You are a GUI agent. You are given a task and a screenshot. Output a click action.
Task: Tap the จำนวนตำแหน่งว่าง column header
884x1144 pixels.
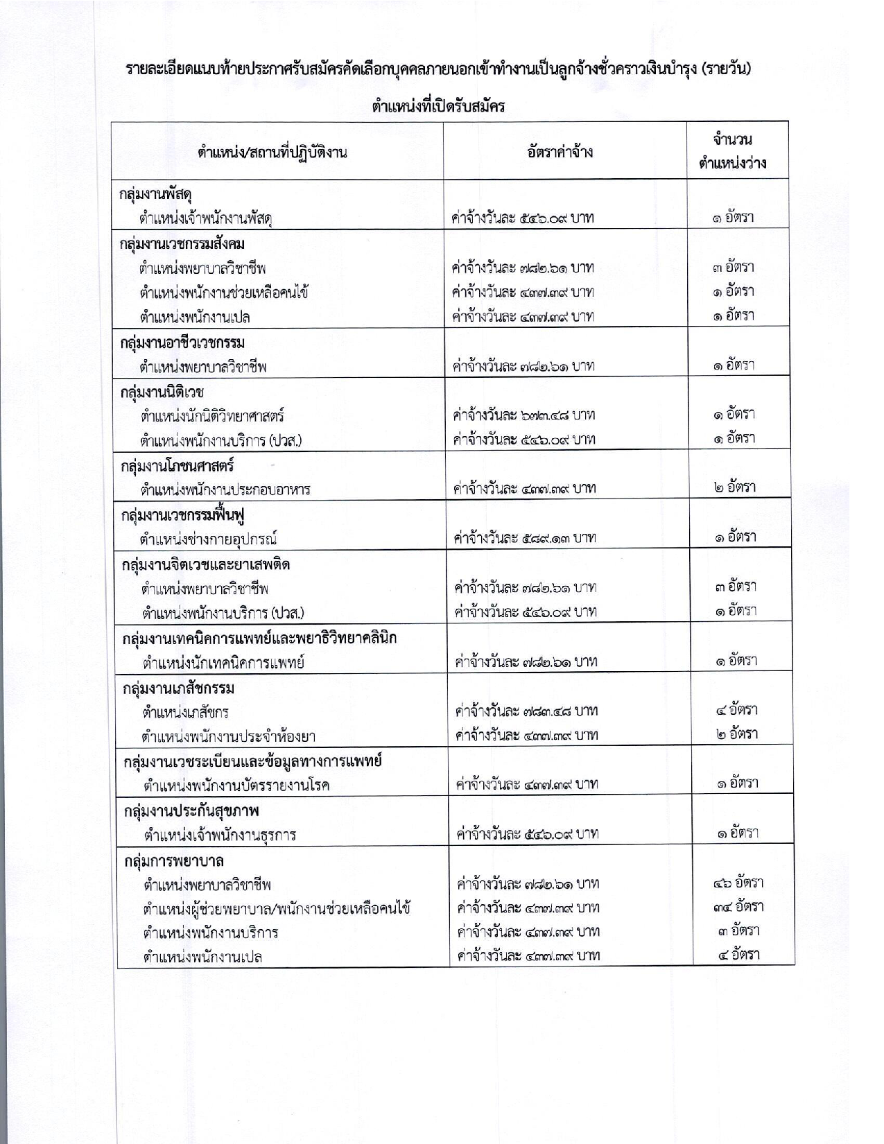(733, 152)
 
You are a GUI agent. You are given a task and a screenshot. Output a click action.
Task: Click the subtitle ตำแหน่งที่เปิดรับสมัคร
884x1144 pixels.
(437, 107)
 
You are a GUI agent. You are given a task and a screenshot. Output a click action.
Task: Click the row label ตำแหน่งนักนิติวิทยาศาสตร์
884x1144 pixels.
(212, 416)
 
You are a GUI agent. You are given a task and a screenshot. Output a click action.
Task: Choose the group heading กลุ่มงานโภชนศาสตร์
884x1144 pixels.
(177, 465)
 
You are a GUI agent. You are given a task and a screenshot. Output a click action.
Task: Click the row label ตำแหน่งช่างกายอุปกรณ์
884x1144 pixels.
(209, 539)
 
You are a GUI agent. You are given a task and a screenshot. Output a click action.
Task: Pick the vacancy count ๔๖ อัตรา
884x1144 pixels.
(738, 883)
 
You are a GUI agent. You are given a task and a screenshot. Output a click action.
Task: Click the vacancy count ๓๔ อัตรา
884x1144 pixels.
(738, 906)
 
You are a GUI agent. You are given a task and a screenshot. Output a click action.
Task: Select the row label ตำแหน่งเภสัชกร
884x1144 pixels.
(186, 712)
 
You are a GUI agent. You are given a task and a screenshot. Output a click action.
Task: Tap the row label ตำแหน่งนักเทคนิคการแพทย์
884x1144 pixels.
(223, 662)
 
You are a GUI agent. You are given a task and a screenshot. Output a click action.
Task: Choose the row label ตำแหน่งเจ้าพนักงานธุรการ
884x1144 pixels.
(220, 834)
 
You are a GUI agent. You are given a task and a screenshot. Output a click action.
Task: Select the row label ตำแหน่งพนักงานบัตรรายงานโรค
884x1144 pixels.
(236, 785)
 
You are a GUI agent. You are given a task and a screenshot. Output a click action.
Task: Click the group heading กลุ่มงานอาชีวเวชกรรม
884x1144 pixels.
(182, 343)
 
